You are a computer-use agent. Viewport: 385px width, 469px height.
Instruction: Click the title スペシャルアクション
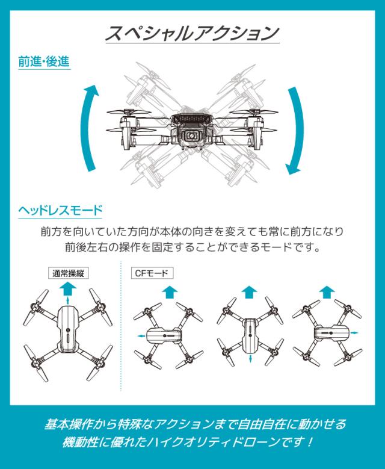[192, 32]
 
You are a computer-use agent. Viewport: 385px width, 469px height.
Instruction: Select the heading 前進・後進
[44, 63]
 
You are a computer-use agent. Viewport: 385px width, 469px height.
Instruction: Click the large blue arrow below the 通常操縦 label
[68, 290]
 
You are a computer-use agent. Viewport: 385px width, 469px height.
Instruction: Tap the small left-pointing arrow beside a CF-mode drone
[140, 334]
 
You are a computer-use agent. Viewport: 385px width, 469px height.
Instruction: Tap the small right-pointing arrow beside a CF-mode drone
[356, 332]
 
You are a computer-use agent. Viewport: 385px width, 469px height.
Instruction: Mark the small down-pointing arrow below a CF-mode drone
[250, 359]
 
